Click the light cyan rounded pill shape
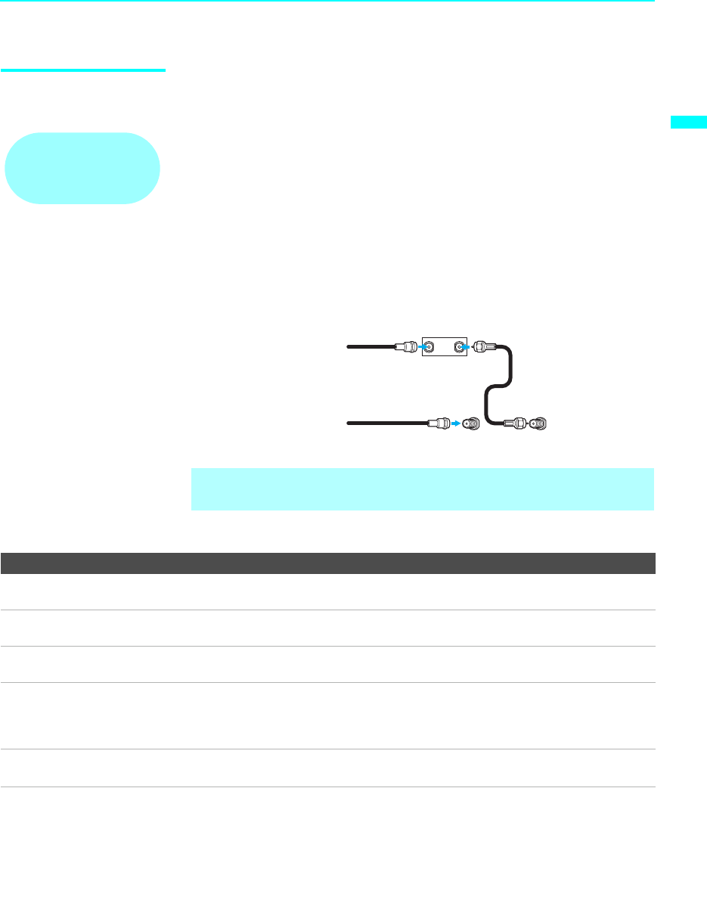(x=82, y=168)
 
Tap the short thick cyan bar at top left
(x=83, y=71)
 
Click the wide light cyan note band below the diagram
(x=422, y=489)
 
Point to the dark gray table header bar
(x=327, y=563)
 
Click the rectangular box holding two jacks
(x=444, y=349)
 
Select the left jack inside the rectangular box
(x=429, y=349)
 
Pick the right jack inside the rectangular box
(x=459, y=349)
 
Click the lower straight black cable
(x=386, y=424)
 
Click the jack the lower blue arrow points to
(x=471, y=424)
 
